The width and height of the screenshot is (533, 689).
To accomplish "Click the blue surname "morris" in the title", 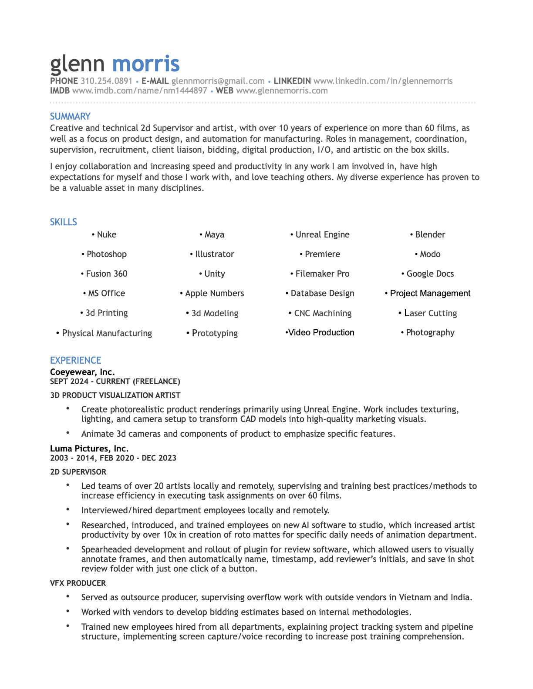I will [146, 64].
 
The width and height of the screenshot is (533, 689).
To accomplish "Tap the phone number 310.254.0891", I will [107, 81].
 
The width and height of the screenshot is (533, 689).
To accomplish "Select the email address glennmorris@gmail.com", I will [218, 81].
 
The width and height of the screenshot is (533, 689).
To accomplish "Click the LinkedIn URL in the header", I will [383, 81].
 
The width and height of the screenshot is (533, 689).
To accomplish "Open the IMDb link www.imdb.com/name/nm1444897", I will [139, 90].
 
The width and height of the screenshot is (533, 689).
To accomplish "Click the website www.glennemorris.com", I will [282, 90].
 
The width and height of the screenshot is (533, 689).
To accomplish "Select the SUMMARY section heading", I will [70, 116].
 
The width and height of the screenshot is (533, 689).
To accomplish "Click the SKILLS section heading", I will [64, 222].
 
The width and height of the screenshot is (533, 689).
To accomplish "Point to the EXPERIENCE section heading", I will [75, 360].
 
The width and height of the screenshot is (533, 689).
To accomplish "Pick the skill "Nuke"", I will [106, 234].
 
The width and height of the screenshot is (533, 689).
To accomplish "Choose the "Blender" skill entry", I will [430, 234].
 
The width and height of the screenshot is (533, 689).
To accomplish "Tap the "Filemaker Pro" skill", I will [322, 274].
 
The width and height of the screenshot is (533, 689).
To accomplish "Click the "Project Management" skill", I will [430, 293].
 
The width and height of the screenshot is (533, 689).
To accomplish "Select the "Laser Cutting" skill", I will [430, 313].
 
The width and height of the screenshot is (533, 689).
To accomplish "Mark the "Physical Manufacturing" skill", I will [107, 333].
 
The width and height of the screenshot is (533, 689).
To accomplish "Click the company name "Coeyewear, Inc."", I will [82, 372].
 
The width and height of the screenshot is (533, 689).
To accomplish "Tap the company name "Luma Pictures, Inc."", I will [89, 448].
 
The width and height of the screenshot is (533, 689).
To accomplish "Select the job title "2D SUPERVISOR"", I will [78, 472].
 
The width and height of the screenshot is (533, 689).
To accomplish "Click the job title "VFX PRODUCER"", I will [78, 583].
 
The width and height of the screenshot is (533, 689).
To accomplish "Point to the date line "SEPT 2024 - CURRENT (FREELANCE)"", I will [115, 381].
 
